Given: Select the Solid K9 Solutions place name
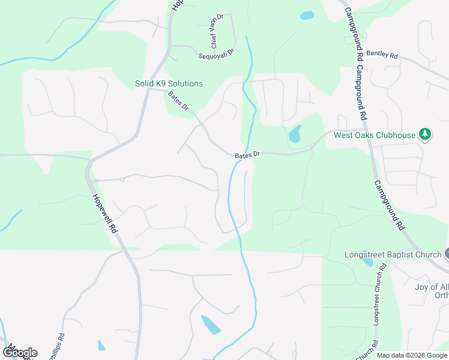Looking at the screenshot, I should pyautogui.click(x=169, y=83).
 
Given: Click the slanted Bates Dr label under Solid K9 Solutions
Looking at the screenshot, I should pyautogui.click(x=178, y=100).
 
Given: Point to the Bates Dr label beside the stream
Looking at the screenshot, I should pyautogui.click(x=247, y=155).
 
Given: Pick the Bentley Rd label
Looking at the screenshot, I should pyautogui.click(x=382, y=55).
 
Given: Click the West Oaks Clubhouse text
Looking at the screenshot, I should pyautogui.click(x=375, y=135).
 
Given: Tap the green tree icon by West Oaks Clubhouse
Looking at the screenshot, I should pyautogui.click(x=425, y=134).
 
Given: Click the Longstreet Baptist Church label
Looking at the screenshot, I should pyautogui.click(x=393, y=254).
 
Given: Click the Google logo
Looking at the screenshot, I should pyautogui.click(x=20, y=352).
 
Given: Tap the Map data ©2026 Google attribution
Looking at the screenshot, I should pyautogui.click(x=411, y=355).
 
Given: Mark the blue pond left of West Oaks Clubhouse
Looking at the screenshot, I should pyautogui.click(x=295, y=134).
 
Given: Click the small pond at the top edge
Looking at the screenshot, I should pyautogui.click(x=307, y=16).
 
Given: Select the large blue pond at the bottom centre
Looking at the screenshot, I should pyautogui.click(x=211, y=324).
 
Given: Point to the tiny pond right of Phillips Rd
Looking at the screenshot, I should pyautogui.click(x=101, y=345).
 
